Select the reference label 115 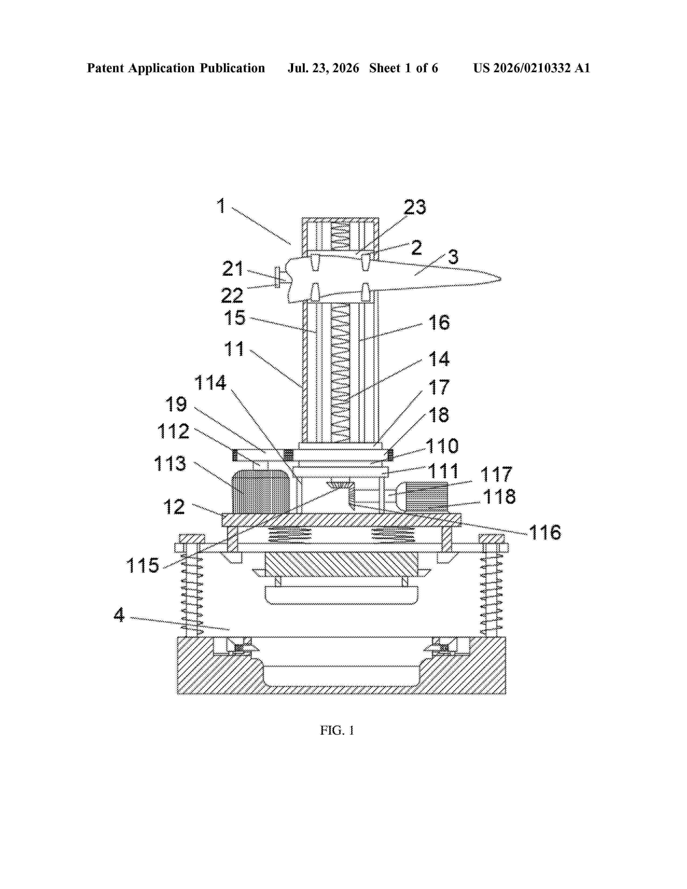[143, 565]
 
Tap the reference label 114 [210, 383]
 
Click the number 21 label [233, 269]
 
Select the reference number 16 [439, 323]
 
